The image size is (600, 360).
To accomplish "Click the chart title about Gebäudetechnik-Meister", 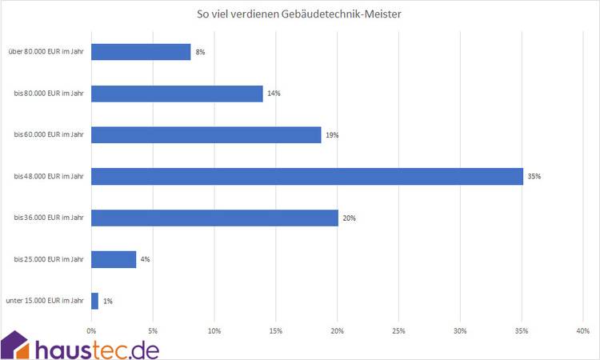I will (301, 14).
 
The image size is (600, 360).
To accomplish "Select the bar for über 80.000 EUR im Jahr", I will (141, 52).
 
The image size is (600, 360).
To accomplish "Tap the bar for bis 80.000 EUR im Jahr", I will (177, 94).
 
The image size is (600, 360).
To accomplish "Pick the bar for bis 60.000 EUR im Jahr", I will (206, 135).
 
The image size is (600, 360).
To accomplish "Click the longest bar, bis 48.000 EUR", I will (307, 176).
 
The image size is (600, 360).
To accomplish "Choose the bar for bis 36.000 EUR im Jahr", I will (214, 218).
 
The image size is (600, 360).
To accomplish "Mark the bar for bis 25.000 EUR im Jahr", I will (114, 259).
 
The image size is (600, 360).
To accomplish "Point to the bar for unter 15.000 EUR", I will (95, 301).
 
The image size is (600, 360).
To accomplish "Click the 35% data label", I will (534, 176).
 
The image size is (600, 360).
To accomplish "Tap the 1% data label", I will (108, 301).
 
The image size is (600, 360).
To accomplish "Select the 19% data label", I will (332, 135).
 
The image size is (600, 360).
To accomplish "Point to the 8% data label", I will (200, 52).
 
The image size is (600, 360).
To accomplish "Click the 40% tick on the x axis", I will (582, 330).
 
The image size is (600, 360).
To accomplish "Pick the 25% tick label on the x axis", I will (398, 330).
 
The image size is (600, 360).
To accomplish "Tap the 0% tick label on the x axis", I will (92, 330).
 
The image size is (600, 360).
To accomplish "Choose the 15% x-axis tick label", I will (276, 330).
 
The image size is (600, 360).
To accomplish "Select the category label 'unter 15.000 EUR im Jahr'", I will (44, 301).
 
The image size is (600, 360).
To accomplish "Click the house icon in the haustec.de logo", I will (16, 345).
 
